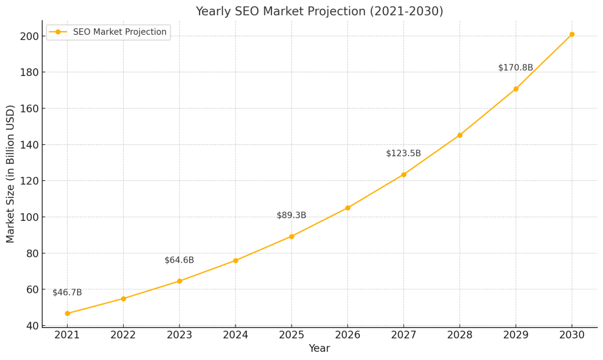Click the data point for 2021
pos(67,313)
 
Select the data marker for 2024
pos(236,260)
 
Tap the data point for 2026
pos(347,208)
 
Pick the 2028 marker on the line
pos(460,135)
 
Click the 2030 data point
pos(572,34)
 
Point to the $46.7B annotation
pos(67,293)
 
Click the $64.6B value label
pos(179,260)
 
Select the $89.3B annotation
pos(291,216)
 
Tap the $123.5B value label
pos(403,154)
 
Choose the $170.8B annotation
pos(515,68)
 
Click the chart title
pos(319,12)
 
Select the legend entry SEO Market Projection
pos(120,32)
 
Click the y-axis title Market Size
pos(11,174)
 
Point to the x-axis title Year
pos(319,349)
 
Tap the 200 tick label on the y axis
pos(29,37)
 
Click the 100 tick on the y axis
pos(29,217)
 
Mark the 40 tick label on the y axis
pos(32,326)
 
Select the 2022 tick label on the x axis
pos(123,334)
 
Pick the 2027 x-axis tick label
pos(403,334)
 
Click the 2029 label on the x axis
pos(516,334)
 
